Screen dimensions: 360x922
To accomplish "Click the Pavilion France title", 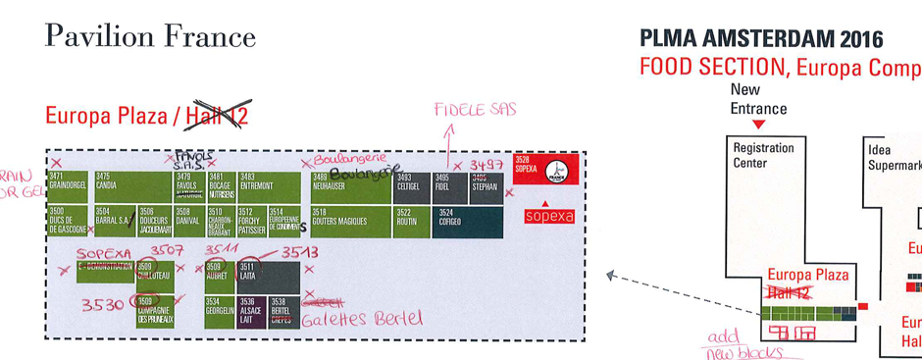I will pyautogui.click(x=150, y=37).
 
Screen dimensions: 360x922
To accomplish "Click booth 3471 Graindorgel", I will pyautogui.click(x=68, y=186).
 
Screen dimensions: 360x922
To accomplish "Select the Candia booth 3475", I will pyautogui.click(x=131, y=186).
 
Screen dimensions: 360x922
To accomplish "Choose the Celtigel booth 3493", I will pyautogui.click(x=411, y=186).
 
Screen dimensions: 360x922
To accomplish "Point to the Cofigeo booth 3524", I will pyautogui.click(x=469, y=222).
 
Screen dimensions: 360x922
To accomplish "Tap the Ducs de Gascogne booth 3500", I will pyautogui.click(x=68, y=222).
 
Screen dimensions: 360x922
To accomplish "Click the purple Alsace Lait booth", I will pyautogui.click(x=250, y=311).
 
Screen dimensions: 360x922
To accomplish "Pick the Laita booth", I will pyautogui.click(x=250, y=276).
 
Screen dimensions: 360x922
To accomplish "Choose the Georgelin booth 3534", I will pyautogui.click(x=219, y=311).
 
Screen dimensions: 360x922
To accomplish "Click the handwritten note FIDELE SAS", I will pyautogui.click(x=475, y=109).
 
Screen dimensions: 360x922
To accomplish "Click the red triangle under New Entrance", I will pyautogui.click(x=758, y=124).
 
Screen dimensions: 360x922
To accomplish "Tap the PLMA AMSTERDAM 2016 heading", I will pyautogui.click(x=761, y=40).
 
